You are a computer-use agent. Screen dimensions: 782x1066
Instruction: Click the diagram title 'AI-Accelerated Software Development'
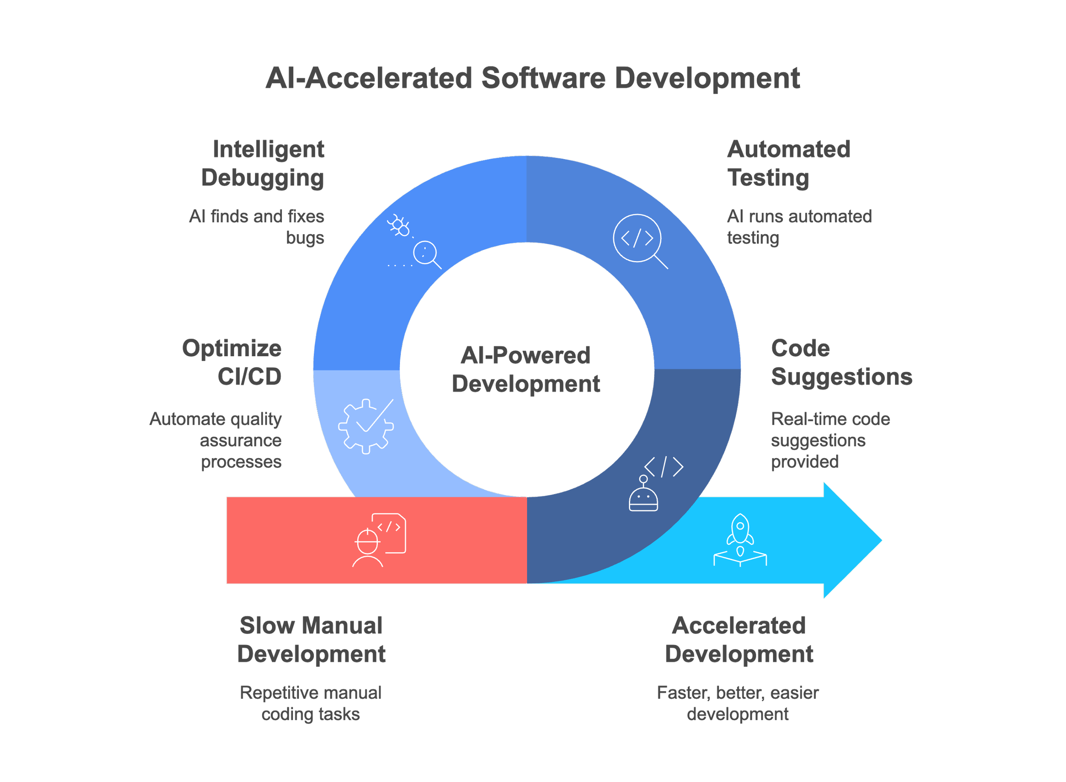click(x=533, y=78)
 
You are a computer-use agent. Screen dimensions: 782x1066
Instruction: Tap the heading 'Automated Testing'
click(x=788, y=164)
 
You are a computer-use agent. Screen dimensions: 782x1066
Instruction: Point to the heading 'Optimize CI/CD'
click(x=232, y=363)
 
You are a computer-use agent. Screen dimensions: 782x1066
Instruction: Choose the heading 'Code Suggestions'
click(x=841, y=363)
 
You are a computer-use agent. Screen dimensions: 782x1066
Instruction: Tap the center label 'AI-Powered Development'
click(x=526, y=370)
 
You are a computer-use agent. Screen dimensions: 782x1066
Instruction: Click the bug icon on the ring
click(x=399, y=225)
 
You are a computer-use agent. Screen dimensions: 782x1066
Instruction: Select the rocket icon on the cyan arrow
click(x=740, y=540)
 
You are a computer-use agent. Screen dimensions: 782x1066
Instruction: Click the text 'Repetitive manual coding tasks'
click(x=311, y=704)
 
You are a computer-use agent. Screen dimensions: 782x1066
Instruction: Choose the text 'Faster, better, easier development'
click(x=738, y=704)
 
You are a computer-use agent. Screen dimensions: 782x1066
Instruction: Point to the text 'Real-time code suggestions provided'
click(x=830, y=440)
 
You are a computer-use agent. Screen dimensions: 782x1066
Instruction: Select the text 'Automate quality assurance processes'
click(x=216, y=440)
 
